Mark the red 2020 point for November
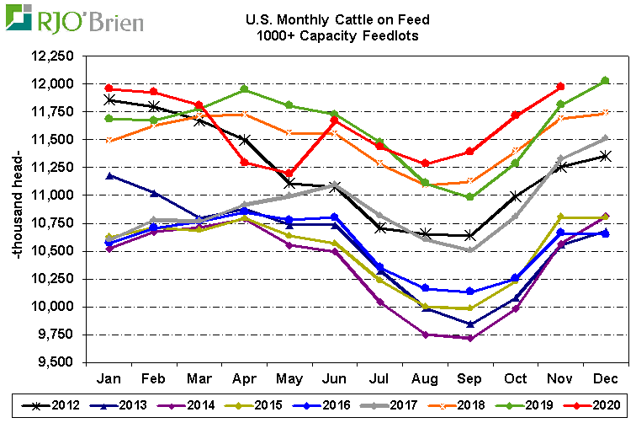click(560, 87)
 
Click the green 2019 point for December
click(605, 81)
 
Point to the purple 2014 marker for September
click(470, 339)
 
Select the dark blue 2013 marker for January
click(109, 175)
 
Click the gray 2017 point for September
click(470, 249)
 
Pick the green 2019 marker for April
click(244, 89)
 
